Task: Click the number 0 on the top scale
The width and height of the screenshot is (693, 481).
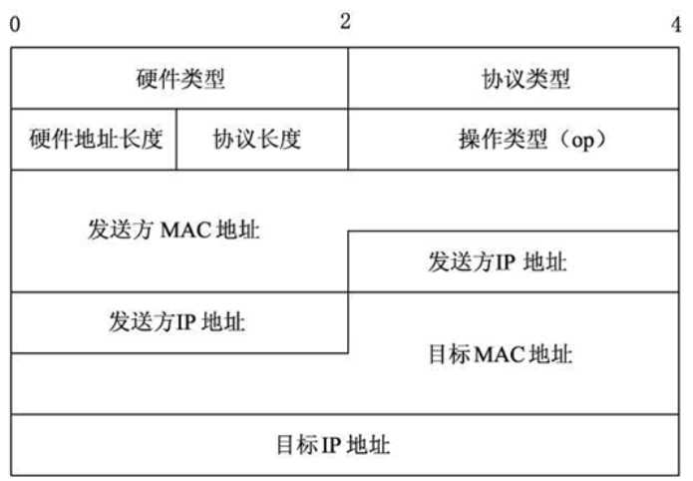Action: pos(14,25)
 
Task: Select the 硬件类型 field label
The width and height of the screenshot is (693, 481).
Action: pos(180,79)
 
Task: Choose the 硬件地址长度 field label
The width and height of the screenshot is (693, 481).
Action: pos(95,139)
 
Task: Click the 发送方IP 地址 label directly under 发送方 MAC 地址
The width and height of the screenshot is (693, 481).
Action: pos(178,322)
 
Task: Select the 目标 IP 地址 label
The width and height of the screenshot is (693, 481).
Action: pos(333,445)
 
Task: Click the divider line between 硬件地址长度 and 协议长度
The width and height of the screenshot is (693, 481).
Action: pos(177,139)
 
